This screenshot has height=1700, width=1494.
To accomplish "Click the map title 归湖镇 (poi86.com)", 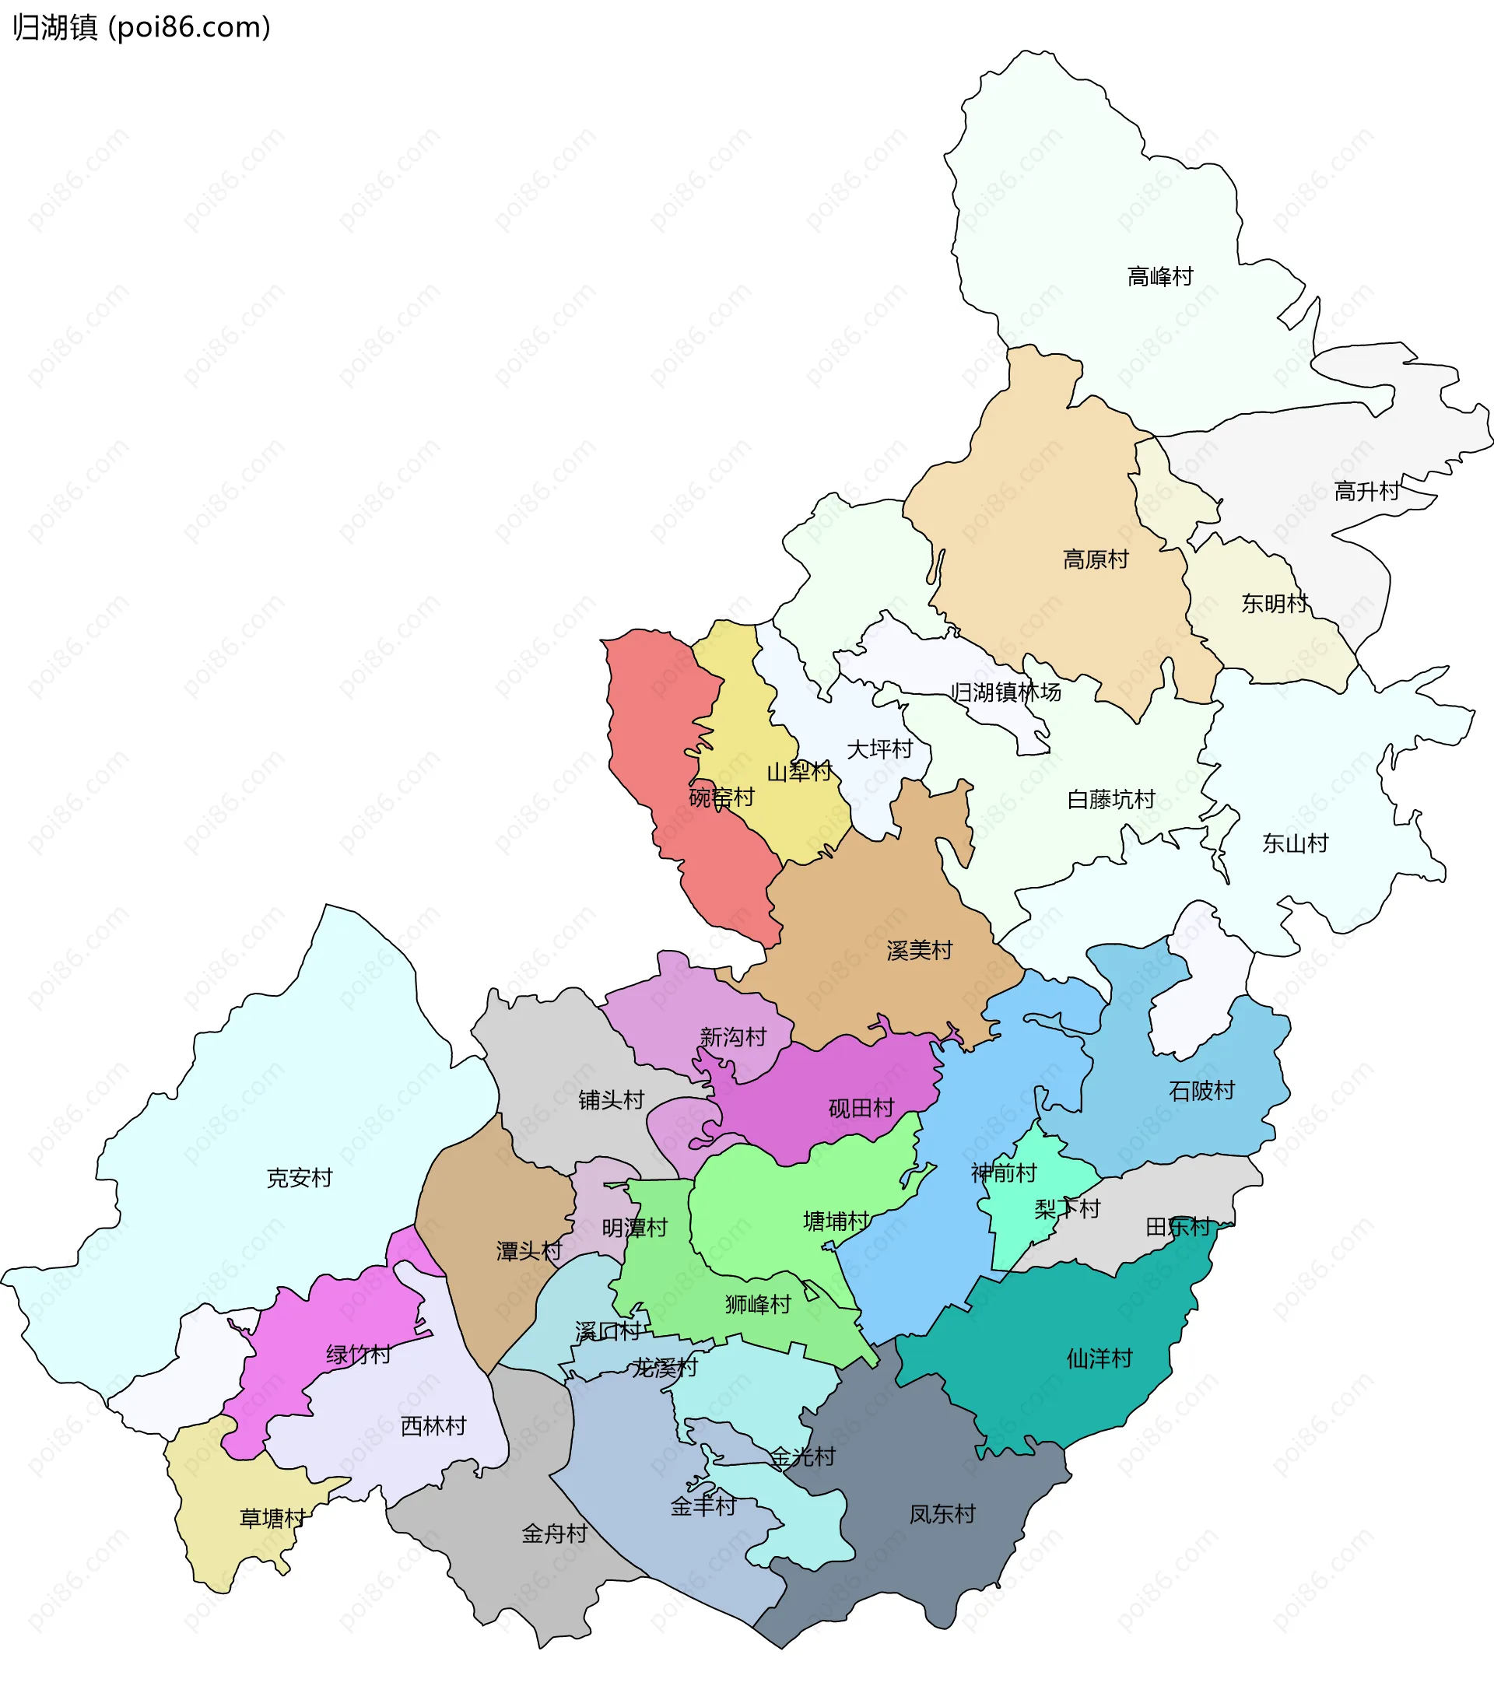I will (x=142, y=27).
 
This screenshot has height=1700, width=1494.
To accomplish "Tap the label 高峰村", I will (x=1159, y=276).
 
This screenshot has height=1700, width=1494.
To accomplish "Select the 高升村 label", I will (x=1366, y=492).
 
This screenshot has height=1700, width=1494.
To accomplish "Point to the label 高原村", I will (x=1096, y=559).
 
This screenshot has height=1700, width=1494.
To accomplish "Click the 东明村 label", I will (x=1275, y=604).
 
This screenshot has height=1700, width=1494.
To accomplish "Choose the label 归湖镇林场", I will (x=1005, y=692).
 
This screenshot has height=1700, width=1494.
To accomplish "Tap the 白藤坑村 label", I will (x=1110, y=800).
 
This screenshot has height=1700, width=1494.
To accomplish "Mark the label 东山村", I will (x=1295, y=843).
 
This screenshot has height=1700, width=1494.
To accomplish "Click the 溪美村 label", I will (x=919, y=951).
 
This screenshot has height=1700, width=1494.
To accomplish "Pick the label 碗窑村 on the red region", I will (x=721, y=797).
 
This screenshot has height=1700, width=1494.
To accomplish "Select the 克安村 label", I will (x=300, y=1178).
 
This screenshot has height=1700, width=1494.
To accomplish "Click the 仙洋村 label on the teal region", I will (x=1099, y=1359).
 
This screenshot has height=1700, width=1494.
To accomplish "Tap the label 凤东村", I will (x=942, y=1514).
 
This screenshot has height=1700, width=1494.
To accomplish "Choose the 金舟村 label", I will (x=554, y=1534).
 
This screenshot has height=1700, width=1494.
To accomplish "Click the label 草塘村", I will (x=273, y=1519).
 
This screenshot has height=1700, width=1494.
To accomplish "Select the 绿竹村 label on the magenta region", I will (x=359, y=1355).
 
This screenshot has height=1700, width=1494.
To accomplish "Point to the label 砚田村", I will (x=861, y=1108).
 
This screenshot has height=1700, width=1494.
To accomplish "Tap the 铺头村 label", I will (x=612, y=1100).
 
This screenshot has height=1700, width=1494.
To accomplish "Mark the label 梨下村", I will (x=1067, y=1209).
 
